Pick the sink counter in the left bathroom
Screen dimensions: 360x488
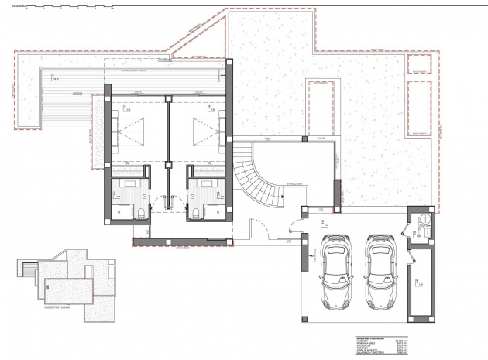127,183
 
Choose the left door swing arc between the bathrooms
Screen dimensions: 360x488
160,204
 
